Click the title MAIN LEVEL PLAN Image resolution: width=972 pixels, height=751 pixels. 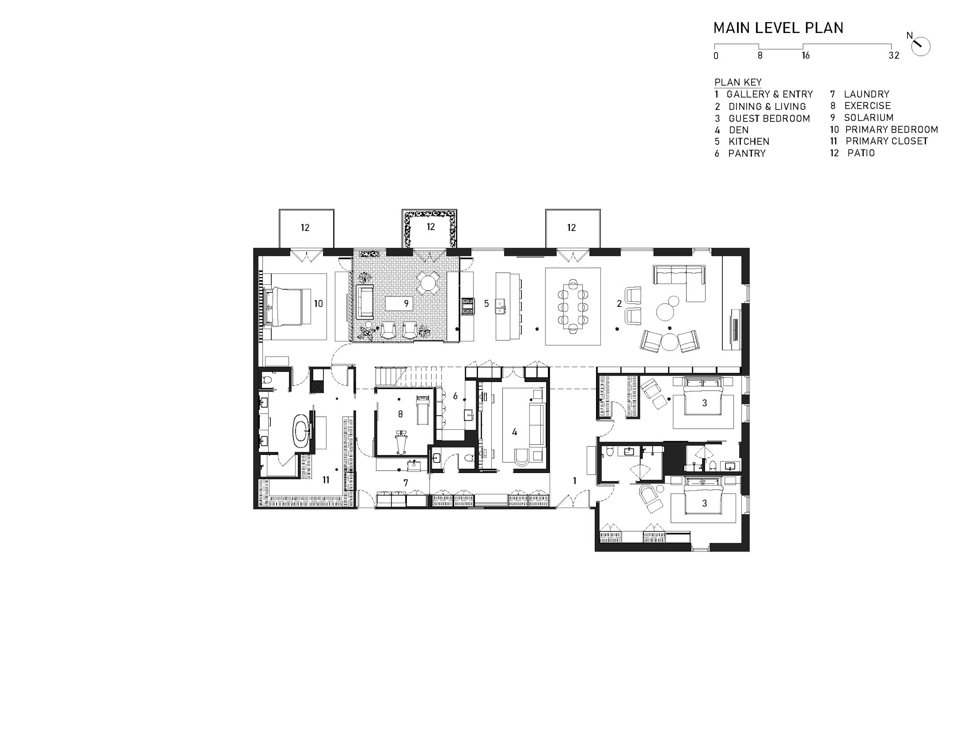(778, 28)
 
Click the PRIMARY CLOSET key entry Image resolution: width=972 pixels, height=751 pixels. (879, 141)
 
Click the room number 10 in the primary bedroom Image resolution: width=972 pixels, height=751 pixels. (318, 303)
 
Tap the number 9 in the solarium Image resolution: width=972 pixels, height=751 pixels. (406, 303)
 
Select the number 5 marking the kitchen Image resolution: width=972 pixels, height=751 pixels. (487, 303)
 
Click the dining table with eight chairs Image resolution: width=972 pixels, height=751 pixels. (572, 306)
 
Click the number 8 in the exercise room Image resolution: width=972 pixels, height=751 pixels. (400, 414)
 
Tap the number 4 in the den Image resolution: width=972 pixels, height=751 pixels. (515, 432)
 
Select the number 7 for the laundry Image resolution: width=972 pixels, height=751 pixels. (406, 482)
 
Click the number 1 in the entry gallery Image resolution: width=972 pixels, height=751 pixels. (575, 481)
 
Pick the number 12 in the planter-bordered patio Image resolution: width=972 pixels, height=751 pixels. (430, 227)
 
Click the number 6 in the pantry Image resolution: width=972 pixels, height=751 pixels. (455, 396)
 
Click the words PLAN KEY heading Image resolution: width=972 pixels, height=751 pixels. (738, 82)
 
